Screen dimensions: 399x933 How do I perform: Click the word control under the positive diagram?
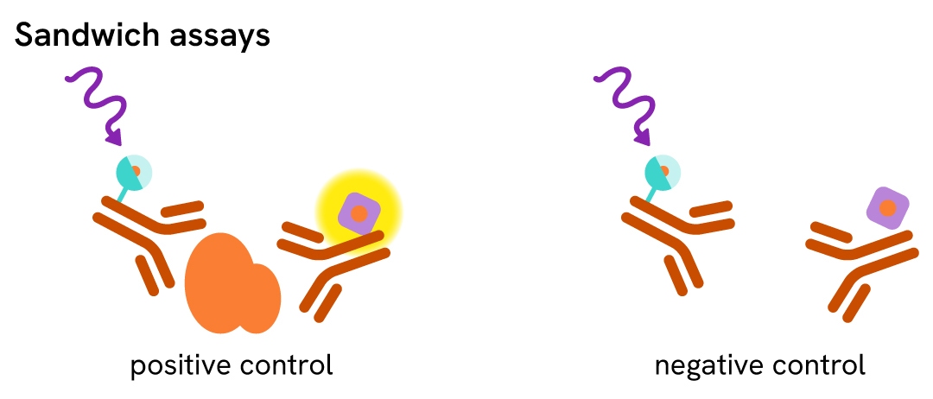(284, 365)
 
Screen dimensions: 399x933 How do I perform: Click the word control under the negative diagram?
(816, 365)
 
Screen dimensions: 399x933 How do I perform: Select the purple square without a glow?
(888, 208)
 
